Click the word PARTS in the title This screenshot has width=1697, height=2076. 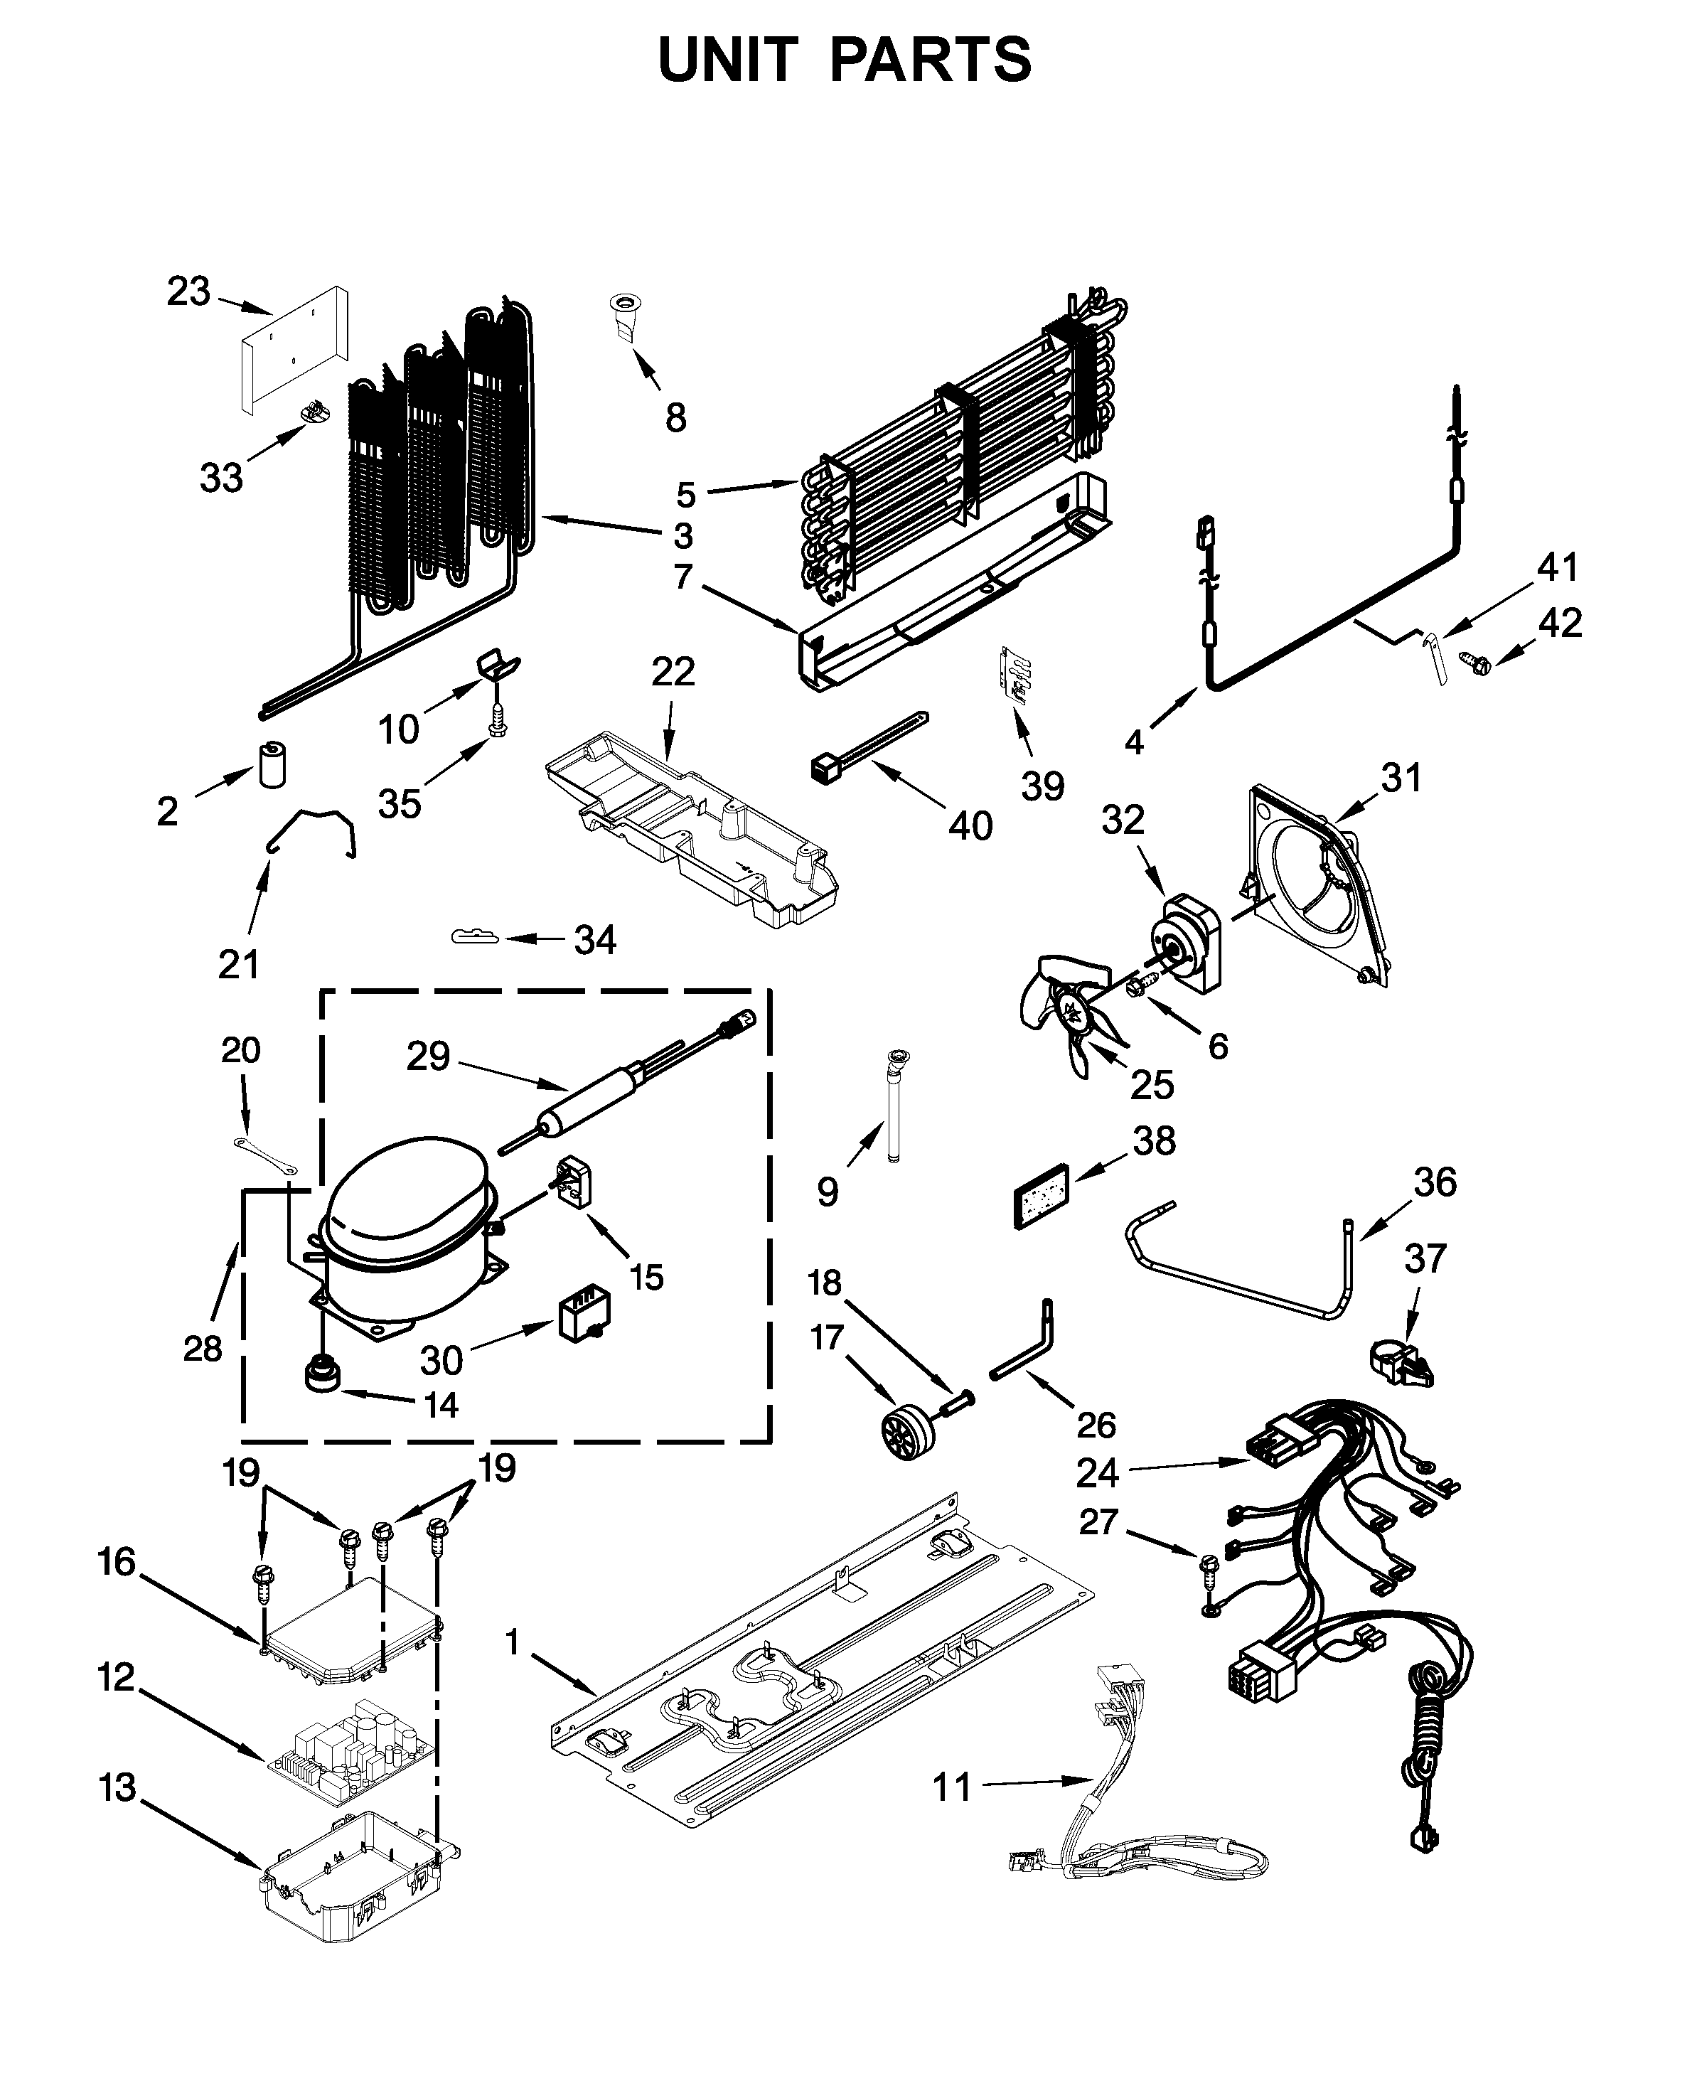coord(930,60)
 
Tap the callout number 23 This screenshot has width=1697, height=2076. coord(188,291)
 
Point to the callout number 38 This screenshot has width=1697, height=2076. coord(1155,1140)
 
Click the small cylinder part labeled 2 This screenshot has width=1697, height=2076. coord(274,765)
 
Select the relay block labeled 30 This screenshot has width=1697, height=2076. coord(584,1319)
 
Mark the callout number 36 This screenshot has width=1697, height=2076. coord(1435,1182)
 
